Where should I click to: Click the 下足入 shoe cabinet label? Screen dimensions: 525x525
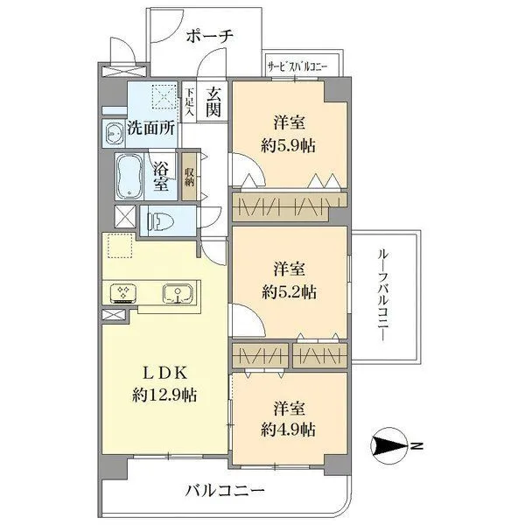click(x=188, y=101)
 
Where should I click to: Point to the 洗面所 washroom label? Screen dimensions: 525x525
click(x=150, y=128)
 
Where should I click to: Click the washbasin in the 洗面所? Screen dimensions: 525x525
click(x=114, y=132)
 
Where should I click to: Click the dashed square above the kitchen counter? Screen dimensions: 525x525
click(x=119, y=248)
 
